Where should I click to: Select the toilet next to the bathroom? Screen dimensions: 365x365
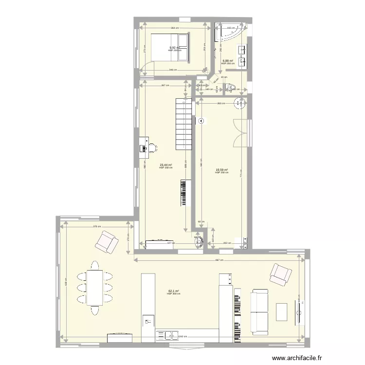pyautogui.click(x=228, y=88)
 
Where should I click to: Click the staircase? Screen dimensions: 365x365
pyautogui.click(x=184, y=124)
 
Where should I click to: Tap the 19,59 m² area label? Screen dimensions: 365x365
pyautogui.click(x=221, y=170)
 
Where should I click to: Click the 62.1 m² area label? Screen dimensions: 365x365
pyautogui.click(x=173, y=291)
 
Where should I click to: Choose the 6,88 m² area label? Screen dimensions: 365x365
pyautogui.click(x=227, y=61)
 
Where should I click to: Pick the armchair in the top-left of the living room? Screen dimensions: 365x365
pyautogui.click(x=107, y=242)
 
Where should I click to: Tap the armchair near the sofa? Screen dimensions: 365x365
pyautogui.click(x=280, y=274)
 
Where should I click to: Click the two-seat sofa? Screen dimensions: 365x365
pyautogui.click(x=259, y=311)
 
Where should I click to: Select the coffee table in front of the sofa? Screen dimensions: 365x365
pyautogui.click(x=282, y=311)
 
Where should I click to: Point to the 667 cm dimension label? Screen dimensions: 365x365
pyautogui.click(x=220, y=260)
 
